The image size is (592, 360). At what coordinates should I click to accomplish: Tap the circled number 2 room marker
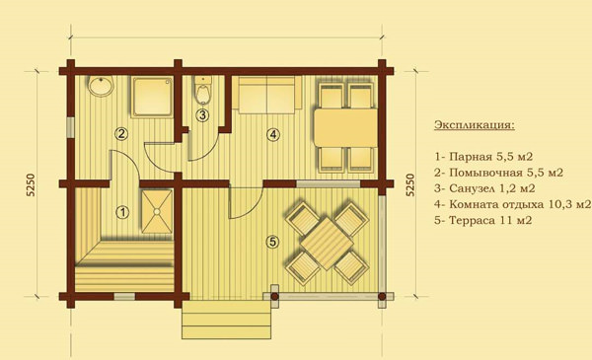coord(121,133)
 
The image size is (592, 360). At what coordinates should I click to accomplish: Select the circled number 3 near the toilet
coord(202,114)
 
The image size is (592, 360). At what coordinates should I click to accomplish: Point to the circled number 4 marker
coord(273,134)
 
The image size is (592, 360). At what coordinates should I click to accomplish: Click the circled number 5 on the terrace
coord(272,242)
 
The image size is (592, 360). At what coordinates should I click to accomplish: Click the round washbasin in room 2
coord(101,86)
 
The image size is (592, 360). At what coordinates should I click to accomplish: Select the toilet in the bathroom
coord(203,90)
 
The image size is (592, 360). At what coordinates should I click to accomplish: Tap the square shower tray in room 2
coord(152,96)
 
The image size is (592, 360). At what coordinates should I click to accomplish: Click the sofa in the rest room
coord(267,95)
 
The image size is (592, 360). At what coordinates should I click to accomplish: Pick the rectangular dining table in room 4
coord(345,127)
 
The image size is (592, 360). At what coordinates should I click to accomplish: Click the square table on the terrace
coord(327,243)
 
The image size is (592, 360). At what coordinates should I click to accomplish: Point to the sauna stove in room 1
coord(157,212)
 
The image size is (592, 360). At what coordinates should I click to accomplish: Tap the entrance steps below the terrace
coord(227,320)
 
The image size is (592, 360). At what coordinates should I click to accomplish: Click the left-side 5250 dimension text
coord(31,184)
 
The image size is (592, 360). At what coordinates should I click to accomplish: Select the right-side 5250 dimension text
coord(410,184)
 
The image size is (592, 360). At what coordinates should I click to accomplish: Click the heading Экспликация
coord(475,124)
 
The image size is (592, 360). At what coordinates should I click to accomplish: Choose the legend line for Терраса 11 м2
coord(482,220)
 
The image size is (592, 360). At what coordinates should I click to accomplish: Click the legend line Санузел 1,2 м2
coord(484,188)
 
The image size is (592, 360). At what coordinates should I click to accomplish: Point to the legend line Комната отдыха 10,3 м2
coord(512,204)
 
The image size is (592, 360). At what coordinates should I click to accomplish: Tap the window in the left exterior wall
coord(70,127)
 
